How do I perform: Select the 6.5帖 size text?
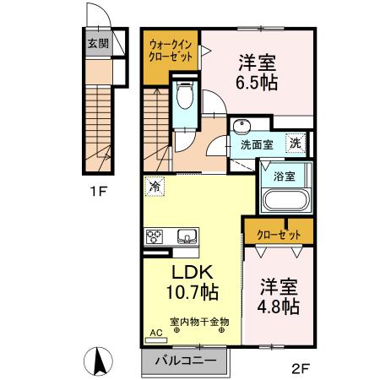click(258, 84)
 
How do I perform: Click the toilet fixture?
click(186, 99)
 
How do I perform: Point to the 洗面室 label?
click(256, 144)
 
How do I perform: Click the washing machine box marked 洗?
click(295, 143)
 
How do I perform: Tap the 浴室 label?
click(284, 176)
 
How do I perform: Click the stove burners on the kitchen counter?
click(155, 236)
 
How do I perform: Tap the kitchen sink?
click(186, 236)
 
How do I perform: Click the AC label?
click(155, 334)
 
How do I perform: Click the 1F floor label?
click(100, 192)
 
